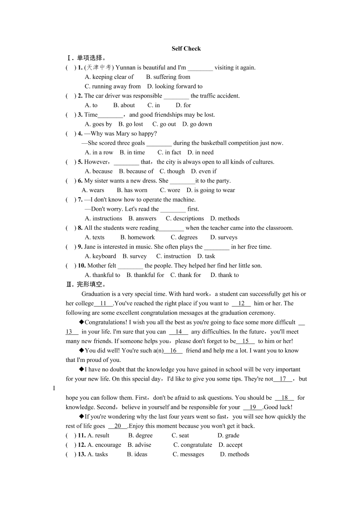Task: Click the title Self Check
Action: (186, 49)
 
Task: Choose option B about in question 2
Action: (124, 105)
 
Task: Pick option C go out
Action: (164, 124)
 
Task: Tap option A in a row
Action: (99, 152)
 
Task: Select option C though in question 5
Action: (172, 171)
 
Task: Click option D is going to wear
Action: (211, 190)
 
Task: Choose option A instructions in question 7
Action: (103, 218)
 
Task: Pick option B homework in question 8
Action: (138, 237)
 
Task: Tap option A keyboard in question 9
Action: (101, 256)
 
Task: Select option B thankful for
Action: (145, 275)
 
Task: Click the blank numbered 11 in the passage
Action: (104, 303)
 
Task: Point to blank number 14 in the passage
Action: (178, 332)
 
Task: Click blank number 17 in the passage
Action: (283, 379)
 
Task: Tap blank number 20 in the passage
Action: (118, 426)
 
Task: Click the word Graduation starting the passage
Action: (96, 294)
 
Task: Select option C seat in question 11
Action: (180, 435)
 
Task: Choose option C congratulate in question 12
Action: (193, 445)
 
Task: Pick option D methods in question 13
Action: (235, 454)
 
